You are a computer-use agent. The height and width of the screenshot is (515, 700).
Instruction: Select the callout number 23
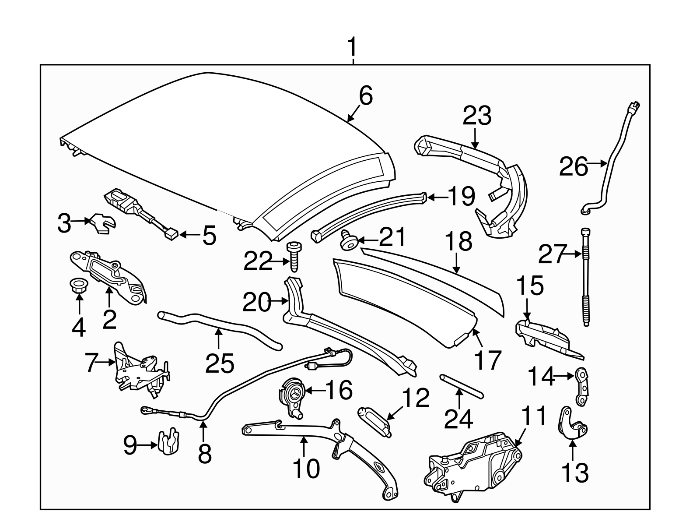coord(477,116)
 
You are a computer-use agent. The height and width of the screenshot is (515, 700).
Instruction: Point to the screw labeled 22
coord(294,257)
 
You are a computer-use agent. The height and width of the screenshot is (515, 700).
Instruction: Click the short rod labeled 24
coord(461,384)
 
